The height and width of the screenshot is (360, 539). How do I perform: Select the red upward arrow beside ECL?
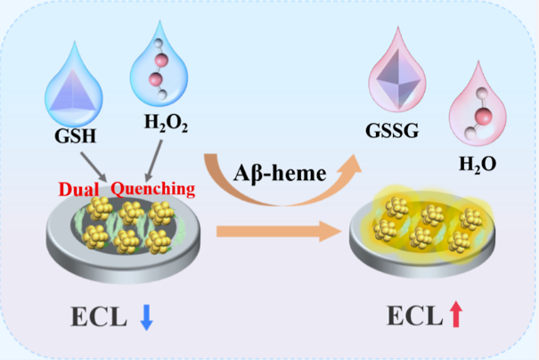(457, 315)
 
